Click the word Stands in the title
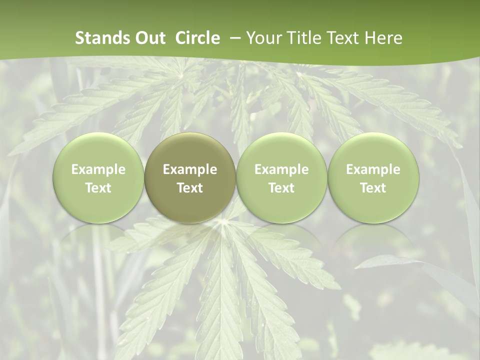[101, 38]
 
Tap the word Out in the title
[149, 38]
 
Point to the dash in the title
[233, 38]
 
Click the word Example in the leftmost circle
[98, 169]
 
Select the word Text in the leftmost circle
[98, 188]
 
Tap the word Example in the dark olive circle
[190, 169]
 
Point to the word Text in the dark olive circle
[190, 188]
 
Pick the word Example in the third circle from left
[281, 169]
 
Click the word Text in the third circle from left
[281, 188]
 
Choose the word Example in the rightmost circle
[373, 169]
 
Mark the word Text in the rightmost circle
[373, 188]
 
